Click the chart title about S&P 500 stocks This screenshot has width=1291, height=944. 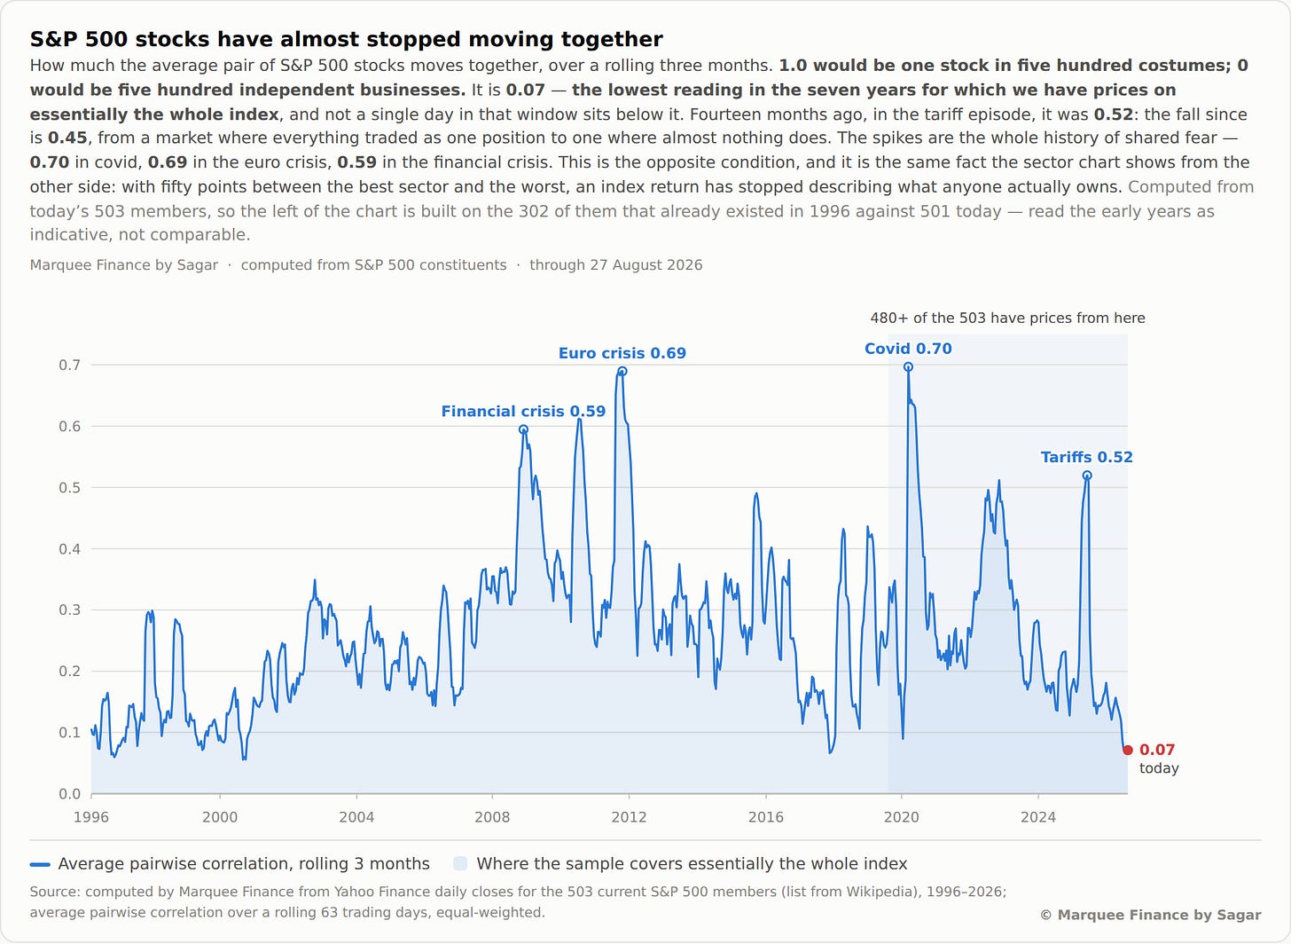346,39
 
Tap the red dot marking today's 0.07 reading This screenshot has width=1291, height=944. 1128,750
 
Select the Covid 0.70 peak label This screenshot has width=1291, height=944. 908,349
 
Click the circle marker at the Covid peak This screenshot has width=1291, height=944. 908,366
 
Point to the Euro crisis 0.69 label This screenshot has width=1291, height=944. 622,353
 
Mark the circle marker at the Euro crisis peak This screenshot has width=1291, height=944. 622,372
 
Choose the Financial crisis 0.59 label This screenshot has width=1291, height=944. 523,411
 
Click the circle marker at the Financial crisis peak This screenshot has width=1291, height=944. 523,429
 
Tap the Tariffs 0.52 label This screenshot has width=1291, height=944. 1086,457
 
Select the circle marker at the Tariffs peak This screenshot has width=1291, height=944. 1087,476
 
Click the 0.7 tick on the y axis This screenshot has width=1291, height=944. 70,365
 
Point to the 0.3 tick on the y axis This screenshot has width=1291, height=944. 70,610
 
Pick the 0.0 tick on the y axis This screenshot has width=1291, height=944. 70,794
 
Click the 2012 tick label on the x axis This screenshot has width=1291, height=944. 629,817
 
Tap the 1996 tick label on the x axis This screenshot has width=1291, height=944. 91,817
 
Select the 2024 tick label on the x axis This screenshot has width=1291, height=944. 1038,817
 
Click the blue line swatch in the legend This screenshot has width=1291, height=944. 40,864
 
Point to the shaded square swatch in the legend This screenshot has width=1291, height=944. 460,864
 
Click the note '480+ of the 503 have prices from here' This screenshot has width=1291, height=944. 1007,319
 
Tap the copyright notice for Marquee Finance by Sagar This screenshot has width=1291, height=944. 1150,916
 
